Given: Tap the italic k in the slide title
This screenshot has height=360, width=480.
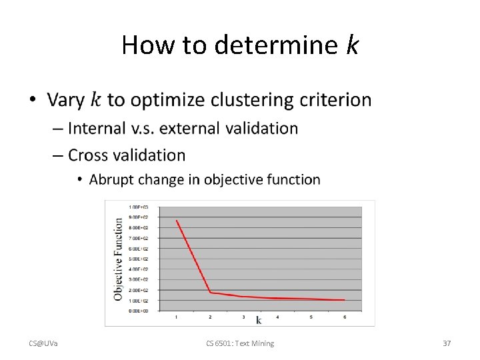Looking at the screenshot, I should tap(352, 45).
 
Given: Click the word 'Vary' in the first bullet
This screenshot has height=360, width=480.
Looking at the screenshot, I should tap(66, 100).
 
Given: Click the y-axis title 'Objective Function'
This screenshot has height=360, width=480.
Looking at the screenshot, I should tap(118, 259).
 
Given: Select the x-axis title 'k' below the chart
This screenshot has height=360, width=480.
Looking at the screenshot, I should tap(259, 321).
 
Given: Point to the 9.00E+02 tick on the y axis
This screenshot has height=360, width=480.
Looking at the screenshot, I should tap(139, 217).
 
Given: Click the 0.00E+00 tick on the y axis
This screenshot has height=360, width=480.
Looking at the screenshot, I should tap(139, 311).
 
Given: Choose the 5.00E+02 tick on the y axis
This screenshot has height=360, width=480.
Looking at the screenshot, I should tap(139, 259).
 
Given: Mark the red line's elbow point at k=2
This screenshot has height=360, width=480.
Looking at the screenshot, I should tap(210, 292).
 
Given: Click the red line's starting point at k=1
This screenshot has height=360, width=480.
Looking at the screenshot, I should tap(177, 220).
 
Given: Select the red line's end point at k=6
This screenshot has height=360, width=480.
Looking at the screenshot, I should tap(344, 300).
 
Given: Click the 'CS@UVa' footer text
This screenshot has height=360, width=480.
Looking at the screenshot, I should tap(43, 343).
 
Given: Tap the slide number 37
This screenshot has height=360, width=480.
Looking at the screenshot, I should tap(447, 343).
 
